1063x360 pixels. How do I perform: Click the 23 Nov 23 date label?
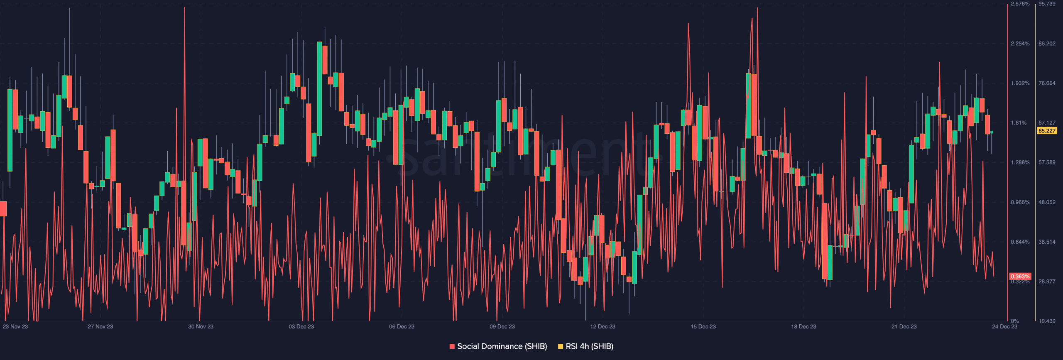coord(15,327)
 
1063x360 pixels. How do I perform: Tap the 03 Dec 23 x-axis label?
coord(301,327)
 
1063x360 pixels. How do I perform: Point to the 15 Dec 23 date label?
coord(703,327)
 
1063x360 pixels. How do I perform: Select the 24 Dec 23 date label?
coord(1004,327)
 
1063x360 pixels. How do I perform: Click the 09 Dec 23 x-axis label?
coord(502,327)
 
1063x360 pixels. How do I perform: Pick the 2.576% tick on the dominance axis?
coord(1020,4)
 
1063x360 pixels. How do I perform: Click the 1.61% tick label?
coord(1019,123)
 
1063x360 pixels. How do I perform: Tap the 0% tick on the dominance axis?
coord(1015,321)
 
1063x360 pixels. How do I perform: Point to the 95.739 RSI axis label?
coord(1047,4)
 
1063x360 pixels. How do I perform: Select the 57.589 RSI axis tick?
coord(1047,163)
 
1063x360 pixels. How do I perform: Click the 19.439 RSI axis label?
coord(1047,321)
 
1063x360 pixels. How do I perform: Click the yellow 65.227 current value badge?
coord(1047,131)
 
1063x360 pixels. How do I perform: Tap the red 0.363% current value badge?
coord(1020,277)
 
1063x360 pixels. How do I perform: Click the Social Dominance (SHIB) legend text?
coord(502,346)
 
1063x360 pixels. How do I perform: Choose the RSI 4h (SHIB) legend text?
coord(589,346)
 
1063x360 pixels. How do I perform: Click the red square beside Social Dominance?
coord(452,346)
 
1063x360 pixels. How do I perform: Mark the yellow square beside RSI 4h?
coord(561,346)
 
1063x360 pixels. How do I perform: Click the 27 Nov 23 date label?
coord(100,327)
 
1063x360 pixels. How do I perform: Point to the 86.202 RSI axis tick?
coord(1047,44)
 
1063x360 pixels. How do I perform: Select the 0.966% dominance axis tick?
coord(1020,203)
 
